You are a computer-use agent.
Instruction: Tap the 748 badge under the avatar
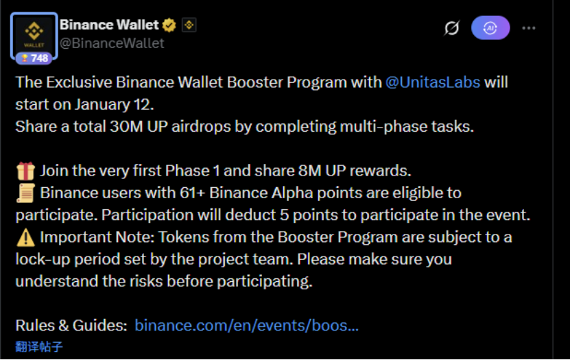coord(34,58)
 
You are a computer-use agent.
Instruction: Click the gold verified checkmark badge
coord(169,25)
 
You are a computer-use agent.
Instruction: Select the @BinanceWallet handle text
coord(112,43)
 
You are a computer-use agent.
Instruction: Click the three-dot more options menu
coord(529,28)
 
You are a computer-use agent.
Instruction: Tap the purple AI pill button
coord(490,27)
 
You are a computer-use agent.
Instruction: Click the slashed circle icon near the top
coord(451,28)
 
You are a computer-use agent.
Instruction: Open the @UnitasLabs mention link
coord(433,82)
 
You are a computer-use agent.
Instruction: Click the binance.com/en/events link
coord(246,325)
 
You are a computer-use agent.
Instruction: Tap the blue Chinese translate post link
coord(39,346)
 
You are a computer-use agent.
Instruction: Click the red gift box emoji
coord(25,171)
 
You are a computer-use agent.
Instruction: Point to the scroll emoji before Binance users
coord(25,193)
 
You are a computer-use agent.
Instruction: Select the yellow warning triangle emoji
coord(25,237)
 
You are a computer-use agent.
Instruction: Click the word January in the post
coord(102,105)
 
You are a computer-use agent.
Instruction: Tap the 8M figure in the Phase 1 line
coord(310,171)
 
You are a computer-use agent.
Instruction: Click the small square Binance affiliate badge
coord(189,25)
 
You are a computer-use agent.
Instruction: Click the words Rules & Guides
coord(71,325)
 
